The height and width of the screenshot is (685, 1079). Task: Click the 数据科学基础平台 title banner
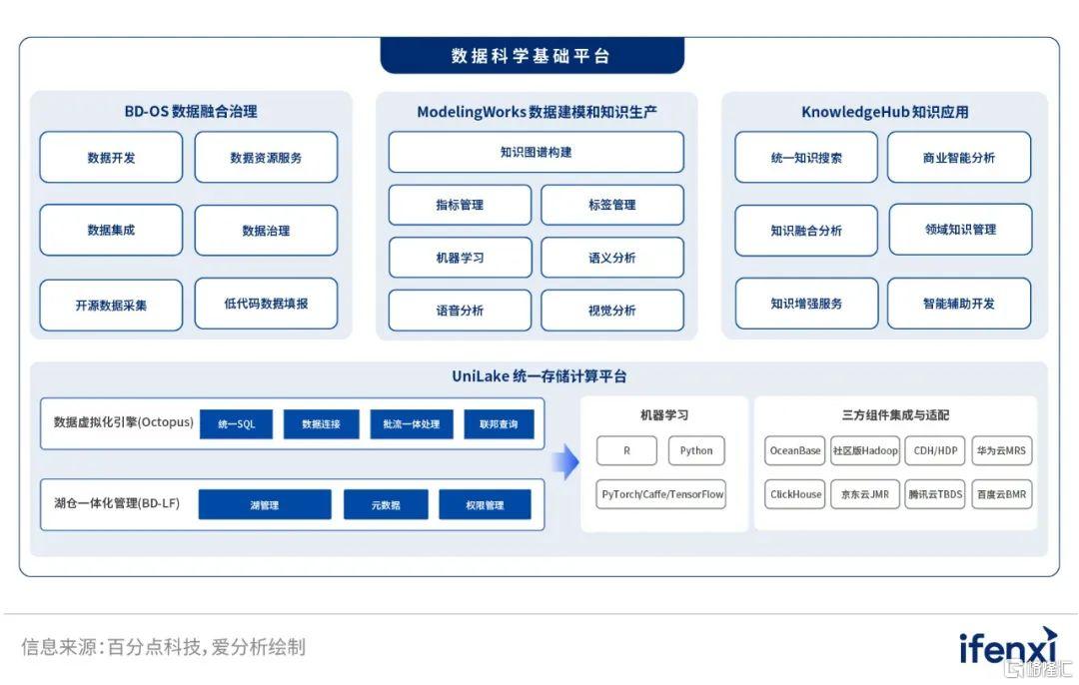pyautogui.click(x=532, y=55)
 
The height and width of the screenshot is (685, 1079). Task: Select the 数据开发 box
pyautogui.click(x=111, y=158)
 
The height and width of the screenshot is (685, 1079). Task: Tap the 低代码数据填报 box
pyautogui.click(x=267, y=304)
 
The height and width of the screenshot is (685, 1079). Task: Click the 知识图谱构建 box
pyautogui.click(x=537, y=152)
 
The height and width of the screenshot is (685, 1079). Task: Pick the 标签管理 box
pyautogui.click(x=612, y=205)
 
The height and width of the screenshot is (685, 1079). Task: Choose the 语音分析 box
pyautogui.click(x=460, y=311)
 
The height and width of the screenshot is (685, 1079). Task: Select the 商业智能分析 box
pyautogui.click(x=959, y=158)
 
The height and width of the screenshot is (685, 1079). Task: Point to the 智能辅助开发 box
pyautogui.click(x=959, y=304)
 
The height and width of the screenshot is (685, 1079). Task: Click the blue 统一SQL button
pyautogui.click(x=236, y=424)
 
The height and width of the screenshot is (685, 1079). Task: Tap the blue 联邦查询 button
pyautogui.click(x=499, y=424)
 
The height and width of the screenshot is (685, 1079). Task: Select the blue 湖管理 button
pyautogui.click(x=265, y=505)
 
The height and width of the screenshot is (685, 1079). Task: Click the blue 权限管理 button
pyautogui.click(x=486, y=505)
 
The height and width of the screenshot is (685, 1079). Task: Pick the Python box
pyautogui.click(x=696, y=450)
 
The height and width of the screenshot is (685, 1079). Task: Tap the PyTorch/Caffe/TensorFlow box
pyautogui.click(x=661, y=494)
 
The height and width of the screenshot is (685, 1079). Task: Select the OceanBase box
pyautogui.click(x=795, y=450)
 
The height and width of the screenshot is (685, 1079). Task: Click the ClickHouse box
pyautogui.click(x=795, y=494)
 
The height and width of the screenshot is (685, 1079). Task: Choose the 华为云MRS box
pyautogui.click(x=1001, y=450)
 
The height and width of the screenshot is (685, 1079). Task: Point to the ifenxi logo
pyautogui.click(x=1008, y=646)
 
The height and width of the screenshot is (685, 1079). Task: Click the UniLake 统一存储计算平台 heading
pyautogui.click(x=539, y=376)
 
